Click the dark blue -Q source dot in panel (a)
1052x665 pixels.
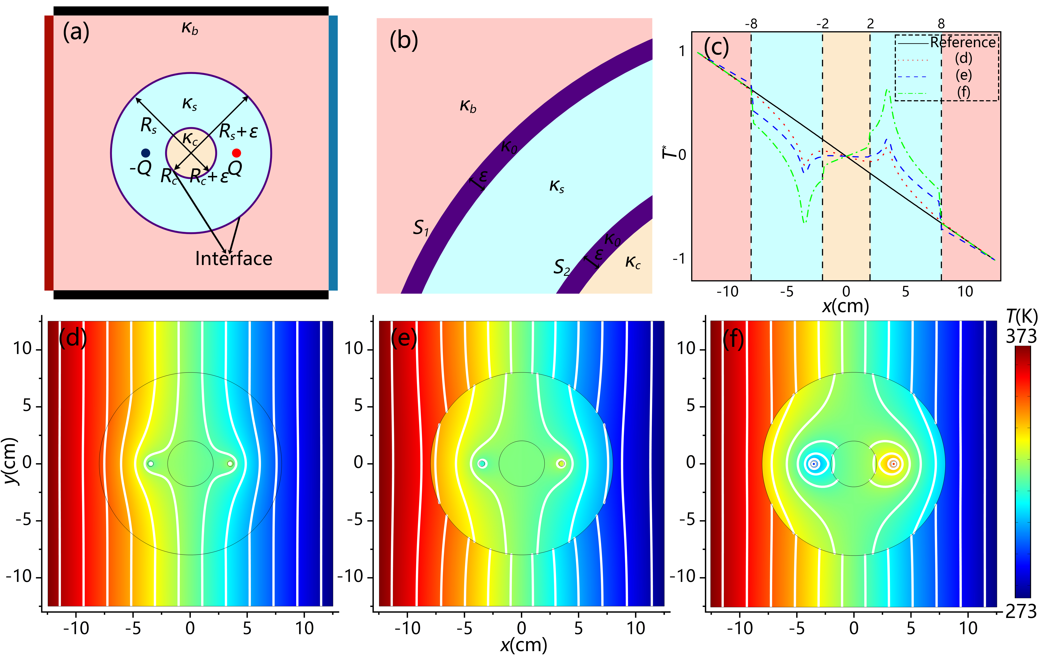(x=146, y=153)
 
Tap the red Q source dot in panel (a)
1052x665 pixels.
(x=236, y=153)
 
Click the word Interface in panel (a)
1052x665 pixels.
(x=234, y=259)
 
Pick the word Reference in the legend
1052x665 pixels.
(x=963, y=42)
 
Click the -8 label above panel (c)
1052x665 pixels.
(x=751, y=24)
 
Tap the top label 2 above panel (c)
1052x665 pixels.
(x=870, y=24)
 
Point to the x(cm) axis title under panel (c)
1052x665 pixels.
(x=845, y=306)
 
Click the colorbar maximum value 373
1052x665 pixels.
(x=1021, y=336)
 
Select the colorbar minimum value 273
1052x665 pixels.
(x=1021, y=612)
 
